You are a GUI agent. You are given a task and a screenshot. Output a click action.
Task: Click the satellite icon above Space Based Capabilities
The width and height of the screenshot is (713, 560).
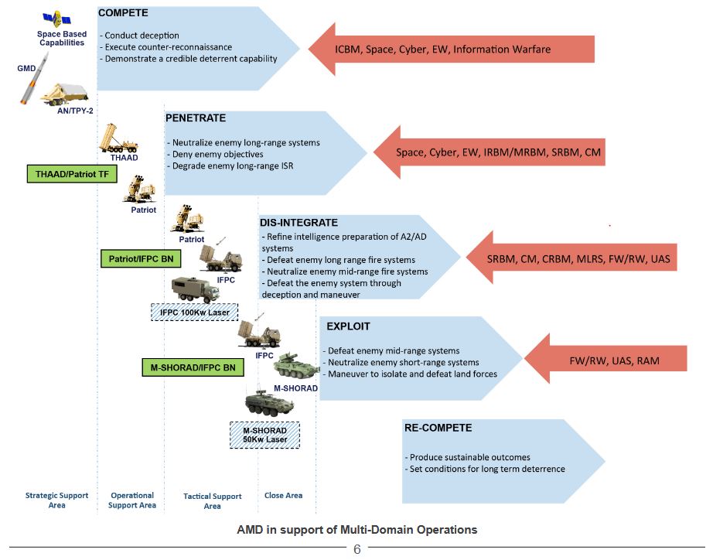click(57, 19)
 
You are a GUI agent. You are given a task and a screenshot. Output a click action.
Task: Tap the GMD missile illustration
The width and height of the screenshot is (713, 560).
click(34, 78)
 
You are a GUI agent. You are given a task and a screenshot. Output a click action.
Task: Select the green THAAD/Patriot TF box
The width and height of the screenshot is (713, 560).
click(72, 174)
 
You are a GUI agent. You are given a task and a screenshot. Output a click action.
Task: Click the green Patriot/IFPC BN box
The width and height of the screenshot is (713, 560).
click(141, 259)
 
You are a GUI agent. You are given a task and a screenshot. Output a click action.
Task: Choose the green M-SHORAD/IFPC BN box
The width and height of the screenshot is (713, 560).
click(193, 367)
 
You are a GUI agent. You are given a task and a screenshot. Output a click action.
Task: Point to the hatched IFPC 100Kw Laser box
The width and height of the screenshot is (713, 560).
click(195, 312)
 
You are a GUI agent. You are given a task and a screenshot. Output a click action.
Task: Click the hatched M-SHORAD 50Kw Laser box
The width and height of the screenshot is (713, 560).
click(264, 435)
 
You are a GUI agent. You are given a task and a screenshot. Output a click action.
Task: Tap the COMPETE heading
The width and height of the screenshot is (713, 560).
click(123, 12)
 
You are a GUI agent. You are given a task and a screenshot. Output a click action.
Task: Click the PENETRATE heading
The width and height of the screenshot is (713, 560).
click(196, 118)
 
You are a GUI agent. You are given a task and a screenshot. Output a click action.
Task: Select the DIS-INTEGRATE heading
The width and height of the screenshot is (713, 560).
click(299, 223)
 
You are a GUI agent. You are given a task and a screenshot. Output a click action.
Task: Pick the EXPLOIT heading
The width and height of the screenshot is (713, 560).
click(348, 326)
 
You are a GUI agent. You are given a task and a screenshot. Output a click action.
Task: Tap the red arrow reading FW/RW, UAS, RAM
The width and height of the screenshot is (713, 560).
click(606, 359)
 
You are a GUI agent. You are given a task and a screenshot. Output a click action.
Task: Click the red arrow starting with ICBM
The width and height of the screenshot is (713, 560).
click(452, 50)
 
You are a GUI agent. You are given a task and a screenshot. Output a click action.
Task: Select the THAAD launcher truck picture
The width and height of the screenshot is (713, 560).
click(118, 138)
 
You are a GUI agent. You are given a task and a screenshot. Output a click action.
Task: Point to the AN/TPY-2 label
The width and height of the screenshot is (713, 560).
click(75, 111)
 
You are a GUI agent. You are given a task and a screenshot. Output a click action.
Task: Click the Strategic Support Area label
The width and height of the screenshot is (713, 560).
click(57, 500)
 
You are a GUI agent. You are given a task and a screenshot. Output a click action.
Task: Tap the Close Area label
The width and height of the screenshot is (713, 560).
click(283, 495)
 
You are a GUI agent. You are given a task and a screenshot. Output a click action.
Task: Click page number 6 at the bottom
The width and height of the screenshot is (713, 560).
click(357, 549)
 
